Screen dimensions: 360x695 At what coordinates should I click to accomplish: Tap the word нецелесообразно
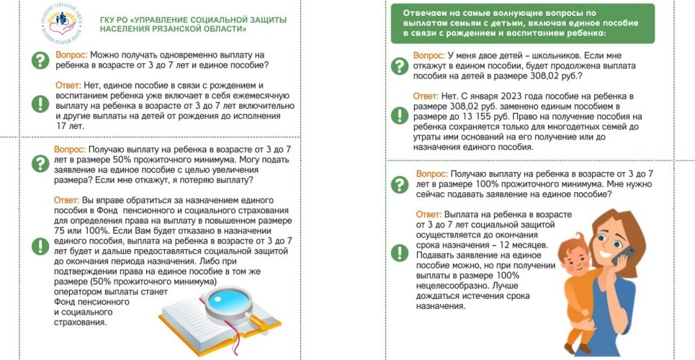(455, 286)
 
